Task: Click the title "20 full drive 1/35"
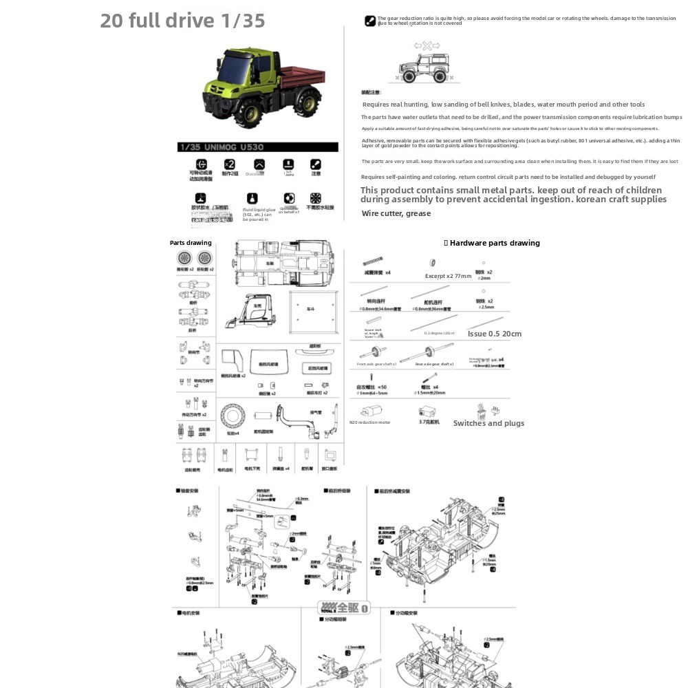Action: pyautogui.click(x=182, y=21)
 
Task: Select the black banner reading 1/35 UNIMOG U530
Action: pyautogui.click(x=258, y=147)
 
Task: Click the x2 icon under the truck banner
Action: pyautogui.click(x=230, y=164)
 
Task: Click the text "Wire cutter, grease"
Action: pyautogui.click(x=396, y=213)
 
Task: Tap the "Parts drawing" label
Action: pyautogui.click(x=191, y=243)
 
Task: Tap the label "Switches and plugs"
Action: pyautogui.click(x=488, y=423)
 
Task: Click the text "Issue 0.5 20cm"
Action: pyautogui.click(x=494, y=334)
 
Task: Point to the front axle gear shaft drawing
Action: pyautogui.click(x=380, y=352)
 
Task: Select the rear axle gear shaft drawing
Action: pyautogui.click(x=433, y=352)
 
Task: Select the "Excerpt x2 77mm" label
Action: pyautogui.click(x=449, y=276)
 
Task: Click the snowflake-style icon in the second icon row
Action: pyautogui.click(x=316, y=198)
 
